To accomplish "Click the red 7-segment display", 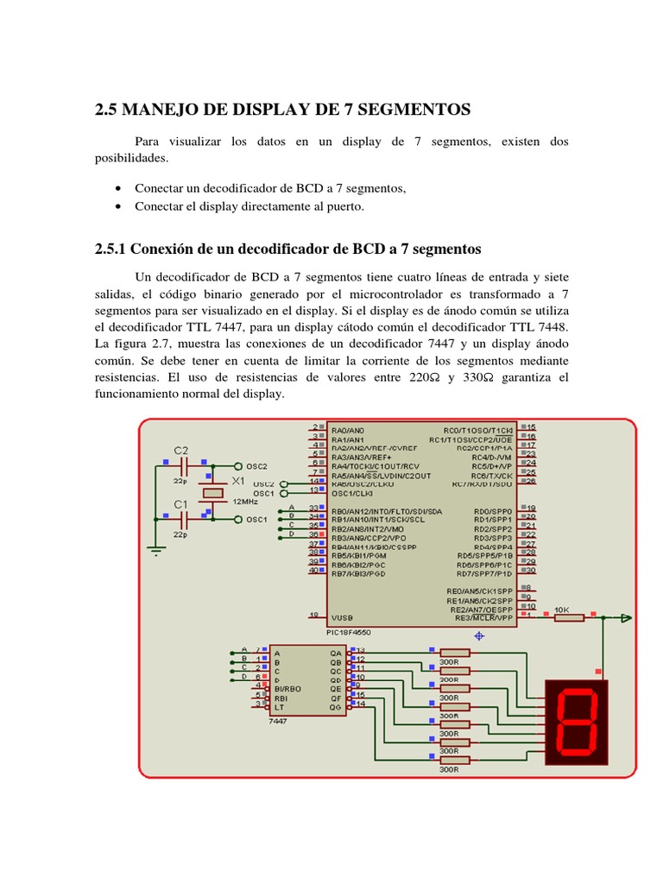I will tap(577, 722).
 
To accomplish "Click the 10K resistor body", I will tap(569, 617).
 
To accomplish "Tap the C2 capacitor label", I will tap(180, 451).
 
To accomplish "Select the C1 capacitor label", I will tap(180, 504).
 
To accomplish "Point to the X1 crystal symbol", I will tap(212, 493).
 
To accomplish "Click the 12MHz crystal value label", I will tap(243, 501).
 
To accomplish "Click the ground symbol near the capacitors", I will tap(156, 546).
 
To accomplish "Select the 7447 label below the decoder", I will tap(278, 721).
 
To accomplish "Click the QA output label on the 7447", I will tap(336, 653).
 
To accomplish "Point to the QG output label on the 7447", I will tap(336, 705).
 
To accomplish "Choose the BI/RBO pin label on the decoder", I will tap(288, 688).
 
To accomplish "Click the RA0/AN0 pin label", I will tap(349, 429).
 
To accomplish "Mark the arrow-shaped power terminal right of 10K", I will tap(626, 617).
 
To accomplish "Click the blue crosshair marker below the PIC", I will tap(479, 635).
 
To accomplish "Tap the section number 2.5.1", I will tap(110, 249).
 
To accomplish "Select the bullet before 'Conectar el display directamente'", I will tap(117, 206).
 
